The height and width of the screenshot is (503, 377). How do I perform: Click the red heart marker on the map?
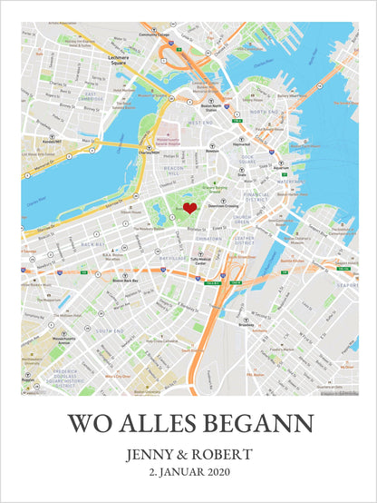[x=189, y=209]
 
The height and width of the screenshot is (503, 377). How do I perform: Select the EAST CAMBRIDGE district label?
[x=92, y=96]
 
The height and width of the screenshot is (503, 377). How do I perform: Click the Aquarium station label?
[x=281, y=168]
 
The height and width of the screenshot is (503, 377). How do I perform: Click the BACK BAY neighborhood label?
[x=92, y=244]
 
